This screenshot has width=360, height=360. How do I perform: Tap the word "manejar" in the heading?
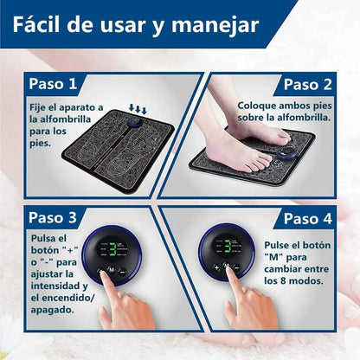(215, 26)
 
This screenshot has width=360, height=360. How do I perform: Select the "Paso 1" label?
(53, 84)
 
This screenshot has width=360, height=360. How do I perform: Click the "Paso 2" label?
(308, 84)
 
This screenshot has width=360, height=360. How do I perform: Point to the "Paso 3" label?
(53, 217)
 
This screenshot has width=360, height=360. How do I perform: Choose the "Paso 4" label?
(308, 218)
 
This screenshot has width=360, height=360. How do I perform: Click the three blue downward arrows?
(138, 109)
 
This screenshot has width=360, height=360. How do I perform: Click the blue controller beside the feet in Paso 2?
(286, 153)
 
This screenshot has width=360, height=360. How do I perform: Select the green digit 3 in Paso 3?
(112, 249)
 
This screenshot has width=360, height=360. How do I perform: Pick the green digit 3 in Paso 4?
(228, 247)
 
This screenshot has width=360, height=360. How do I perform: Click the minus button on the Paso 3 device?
(122, 272)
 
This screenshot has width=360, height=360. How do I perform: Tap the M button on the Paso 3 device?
(111, 270)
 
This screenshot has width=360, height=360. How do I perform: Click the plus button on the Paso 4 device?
(216, 267)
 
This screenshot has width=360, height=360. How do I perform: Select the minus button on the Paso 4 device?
(236, 267)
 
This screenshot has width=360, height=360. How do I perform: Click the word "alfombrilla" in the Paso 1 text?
(65, 119)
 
